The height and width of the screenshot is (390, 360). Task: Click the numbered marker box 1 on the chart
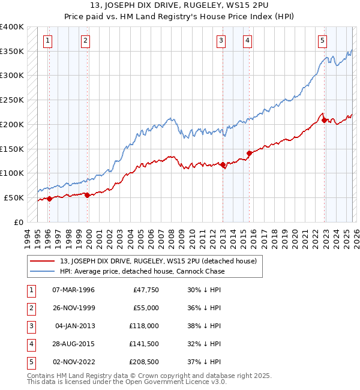pos(47,41)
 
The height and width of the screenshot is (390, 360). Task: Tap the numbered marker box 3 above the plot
pos(221,41)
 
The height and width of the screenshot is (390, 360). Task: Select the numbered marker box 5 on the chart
pos(323,41)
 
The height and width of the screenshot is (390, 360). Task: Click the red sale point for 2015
pos(249,153)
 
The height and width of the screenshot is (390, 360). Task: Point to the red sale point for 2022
pos(324,120)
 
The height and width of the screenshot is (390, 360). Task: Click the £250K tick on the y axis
pos(12,100)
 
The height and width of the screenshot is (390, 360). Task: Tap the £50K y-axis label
pos(14,197)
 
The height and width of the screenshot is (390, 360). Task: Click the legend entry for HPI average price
pos(142,271)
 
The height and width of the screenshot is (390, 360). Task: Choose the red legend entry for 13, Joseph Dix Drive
pos(158,261)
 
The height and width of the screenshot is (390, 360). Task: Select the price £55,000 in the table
pos(145,308)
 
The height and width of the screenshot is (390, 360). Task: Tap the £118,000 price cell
pos(144,326)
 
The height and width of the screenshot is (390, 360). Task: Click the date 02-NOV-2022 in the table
pos(73,362)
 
